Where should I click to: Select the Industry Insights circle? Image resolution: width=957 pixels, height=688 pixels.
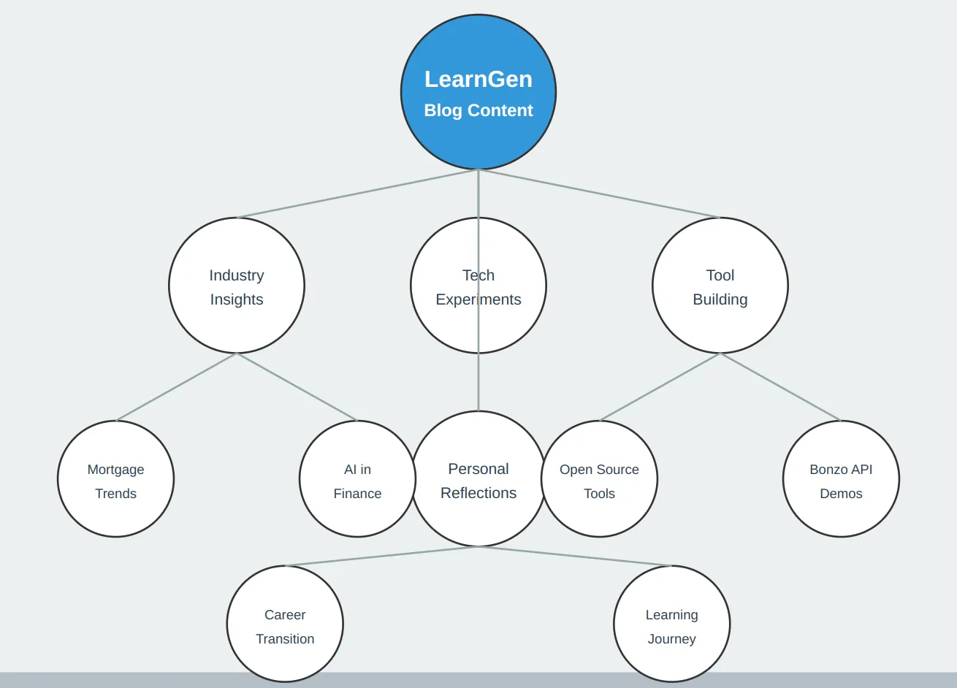[236, 286]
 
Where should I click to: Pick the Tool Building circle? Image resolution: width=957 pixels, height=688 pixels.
[720, 286]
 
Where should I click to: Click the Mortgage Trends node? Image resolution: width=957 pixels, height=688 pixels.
[115, 480]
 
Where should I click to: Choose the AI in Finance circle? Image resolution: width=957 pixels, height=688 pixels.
[357, 480]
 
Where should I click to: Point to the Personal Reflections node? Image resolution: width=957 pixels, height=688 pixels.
[478, 511]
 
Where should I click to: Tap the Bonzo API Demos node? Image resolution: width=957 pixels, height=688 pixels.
[841, 480]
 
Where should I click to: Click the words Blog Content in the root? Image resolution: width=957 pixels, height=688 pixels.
[478, 110]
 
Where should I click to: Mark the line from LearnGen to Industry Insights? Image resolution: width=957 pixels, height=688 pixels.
[357, 194]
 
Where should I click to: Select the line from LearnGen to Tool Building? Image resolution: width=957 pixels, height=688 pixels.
[599, 194]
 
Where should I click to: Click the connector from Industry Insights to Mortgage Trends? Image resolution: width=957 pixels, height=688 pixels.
[176, 387]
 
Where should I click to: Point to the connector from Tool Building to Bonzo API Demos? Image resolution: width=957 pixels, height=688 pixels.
[780, 387]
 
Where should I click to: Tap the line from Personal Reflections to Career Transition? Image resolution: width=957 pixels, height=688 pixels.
[381, 557]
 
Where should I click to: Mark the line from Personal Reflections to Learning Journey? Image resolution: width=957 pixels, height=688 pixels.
[575, 557]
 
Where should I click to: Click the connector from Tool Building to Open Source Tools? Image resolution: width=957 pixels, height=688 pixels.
[660, 387]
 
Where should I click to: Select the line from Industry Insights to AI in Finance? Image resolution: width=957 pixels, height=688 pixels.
[297, 387]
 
